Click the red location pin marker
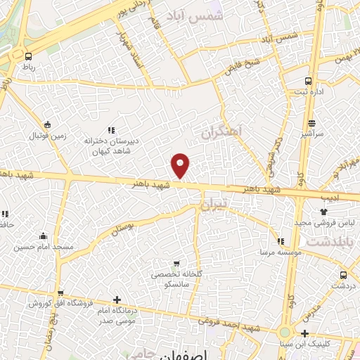[181, 165]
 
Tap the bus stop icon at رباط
[28, 56]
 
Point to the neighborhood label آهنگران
[220, 131]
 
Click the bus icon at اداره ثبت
[309, 81]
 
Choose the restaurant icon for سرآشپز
[311, 123]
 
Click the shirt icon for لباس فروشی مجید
[323, 211]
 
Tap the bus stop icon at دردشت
[343, 275]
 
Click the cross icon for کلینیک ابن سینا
[304, 333]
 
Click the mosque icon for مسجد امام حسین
[44, 236]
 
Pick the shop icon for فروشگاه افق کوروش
[60, 293]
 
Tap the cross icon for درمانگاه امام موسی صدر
[117, 300]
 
